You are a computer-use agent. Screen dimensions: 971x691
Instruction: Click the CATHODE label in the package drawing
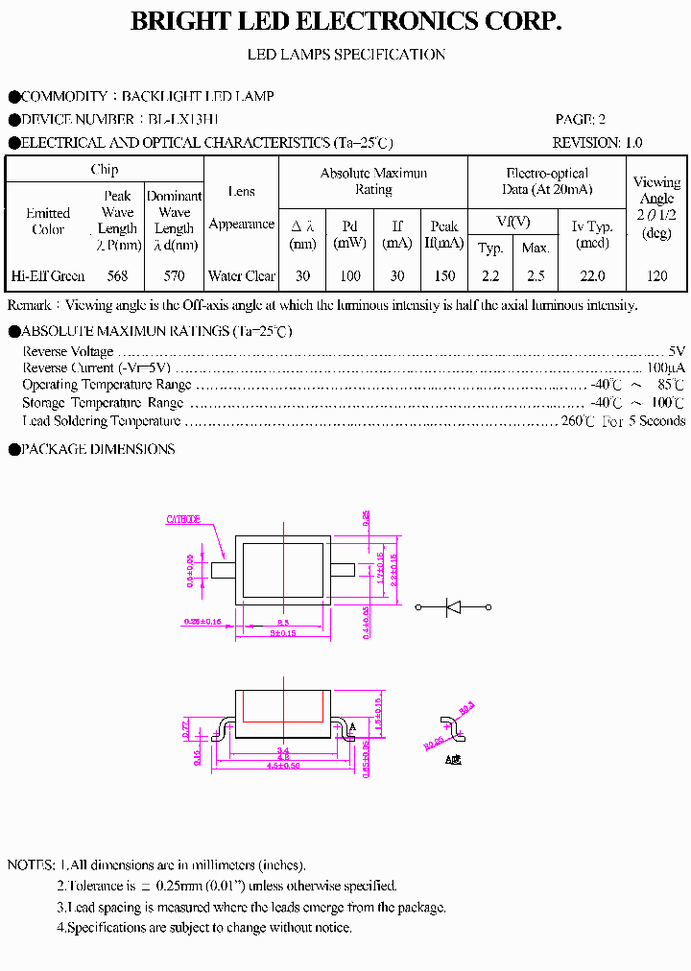click(x=183, y=519)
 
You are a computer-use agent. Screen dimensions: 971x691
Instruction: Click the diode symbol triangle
click(x=453, y=607)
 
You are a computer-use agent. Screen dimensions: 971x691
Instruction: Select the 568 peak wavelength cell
click(x=118, y=276)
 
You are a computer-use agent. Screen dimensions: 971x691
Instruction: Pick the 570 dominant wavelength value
click(x=174, y=276)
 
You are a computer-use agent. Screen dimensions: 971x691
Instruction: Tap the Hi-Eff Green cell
click(x=48, y=276)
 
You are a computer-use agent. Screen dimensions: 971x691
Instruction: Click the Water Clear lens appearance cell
click(x=242, y=276)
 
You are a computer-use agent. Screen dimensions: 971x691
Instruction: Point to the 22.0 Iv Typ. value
click(x=592, y=276)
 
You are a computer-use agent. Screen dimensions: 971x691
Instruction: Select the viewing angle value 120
click(x=656, y=276)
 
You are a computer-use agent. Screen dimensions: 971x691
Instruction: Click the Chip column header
click(x=105, y=170)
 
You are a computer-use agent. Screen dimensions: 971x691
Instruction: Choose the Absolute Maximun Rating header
click(x=373, y=181)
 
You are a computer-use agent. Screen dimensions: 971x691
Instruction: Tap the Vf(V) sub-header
click(x=513, y=222)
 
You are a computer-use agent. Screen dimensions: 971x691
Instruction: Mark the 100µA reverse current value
click(x=665, y=368)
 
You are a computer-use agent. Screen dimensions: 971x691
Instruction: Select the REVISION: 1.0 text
click(x=597, y=143)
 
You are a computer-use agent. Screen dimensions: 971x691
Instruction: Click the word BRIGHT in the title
click(x=175, y=22)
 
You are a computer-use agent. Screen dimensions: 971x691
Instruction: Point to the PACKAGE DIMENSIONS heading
click(x=97, y=449)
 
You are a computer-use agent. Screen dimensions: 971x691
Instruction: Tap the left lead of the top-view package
click(x=223, y=570)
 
